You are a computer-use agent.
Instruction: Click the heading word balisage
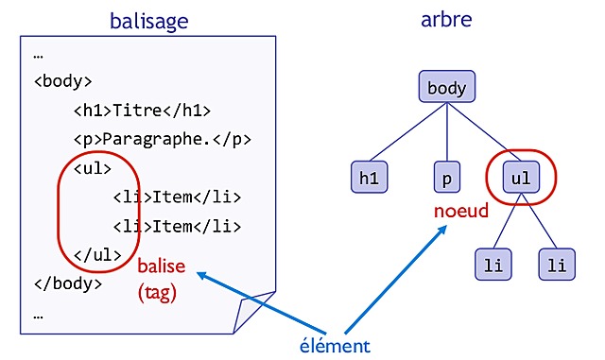pos(148,20)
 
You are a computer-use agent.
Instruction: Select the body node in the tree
pos(446,89)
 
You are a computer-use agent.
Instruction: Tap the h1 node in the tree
pos(367,177)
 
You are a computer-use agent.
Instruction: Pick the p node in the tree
pos(445,177)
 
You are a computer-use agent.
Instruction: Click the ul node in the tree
pos(519,177)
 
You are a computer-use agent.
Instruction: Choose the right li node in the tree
pos(557,265)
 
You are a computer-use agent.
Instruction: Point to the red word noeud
pos(461,211)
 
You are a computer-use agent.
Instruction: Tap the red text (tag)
pos(157,293)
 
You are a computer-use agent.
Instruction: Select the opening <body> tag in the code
pos(62,80)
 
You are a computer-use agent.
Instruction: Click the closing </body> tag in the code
pos(67,282)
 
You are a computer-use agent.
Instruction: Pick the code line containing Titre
pos(142,110)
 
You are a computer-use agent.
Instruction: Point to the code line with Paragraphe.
pos(163,139)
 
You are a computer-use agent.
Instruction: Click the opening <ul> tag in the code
pos(93,168)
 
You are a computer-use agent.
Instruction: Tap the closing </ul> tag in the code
pos(97,253)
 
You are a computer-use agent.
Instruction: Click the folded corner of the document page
pos(254,313)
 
